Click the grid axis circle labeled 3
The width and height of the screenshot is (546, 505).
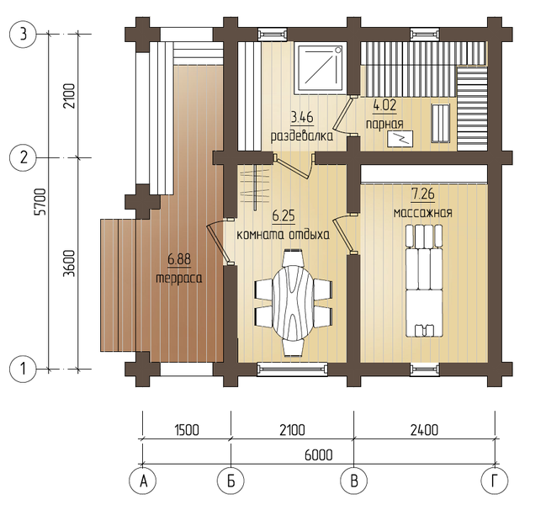23,35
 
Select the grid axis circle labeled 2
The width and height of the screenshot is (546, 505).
23,157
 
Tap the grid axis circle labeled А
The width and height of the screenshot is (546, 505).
142,481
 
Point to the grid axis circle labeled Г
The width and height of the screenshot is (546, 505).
495,481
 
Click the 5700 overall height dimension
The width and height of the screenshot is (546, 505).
40,202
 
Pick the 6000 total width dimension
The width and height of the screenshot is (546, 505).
319,454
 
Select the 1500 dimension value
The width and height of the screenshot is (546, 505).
187,430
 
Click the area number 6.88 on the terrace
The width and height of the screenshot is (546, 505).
179,259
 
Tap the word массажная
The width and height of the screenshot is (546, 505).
422,213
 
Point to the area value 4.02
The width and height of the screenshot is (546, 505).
384,105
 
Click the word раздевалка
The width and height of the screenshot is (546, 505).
302,136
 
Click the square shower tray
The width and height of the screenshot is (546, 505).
320,68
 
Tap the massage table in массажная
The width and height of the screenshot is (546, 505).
425,281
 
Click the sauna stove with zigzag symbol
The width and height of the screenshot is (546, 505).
400,139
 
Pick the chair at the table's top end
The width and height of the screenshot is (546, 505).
293,258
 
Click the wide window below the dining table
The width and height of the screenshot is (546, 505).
292,369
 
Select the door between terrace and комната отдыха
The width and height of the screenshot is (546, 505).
219,242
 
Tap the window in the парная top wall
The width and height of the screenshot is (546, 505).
425,35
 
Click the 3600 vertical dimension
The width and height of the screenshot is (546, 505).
70,263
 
